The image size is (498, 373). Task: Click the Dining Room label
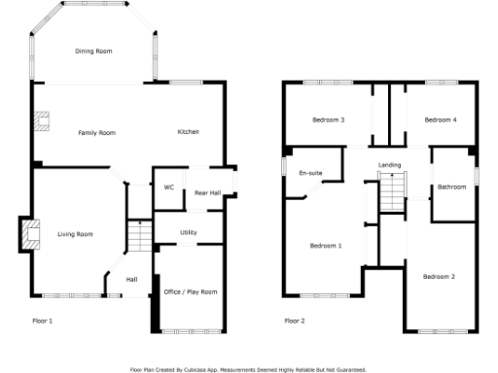tap(94, 51)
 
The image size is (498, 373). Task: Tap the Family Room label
tap(97, 132)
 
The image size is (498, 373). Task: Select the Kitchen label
tap(189, 131)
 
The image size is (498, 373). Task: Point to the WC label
tap(168, 186)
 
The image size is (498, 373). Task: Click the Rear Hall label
tap(207, 193)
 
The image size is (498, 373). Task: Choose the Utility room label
tap(189, 232)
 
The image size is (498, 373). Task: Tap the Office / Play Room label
tap(190, 291)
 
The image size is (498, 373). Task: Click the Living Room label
tap(75, 234)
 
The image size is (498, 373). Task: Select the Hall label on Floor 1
tap(131, 281)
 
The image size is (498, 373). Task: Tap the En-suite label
tap(310, 173)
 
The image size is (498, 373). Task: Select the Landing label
tap(389, 165)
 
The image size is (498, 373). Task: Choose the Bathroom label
tap(451, 186)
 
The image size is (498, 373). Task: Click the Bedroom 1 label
tap(326, 246)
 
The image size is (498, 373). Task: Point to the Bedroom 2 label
tap(439, 277)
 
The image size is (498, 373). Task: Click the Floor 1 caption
tap(42, 320)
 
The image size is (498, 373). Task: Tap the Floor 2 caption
tap(294, 320)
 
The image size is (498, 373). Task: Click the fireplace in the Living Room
tap(30, 234)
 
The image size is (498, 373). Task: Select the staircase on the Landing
tap(391, 194)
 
